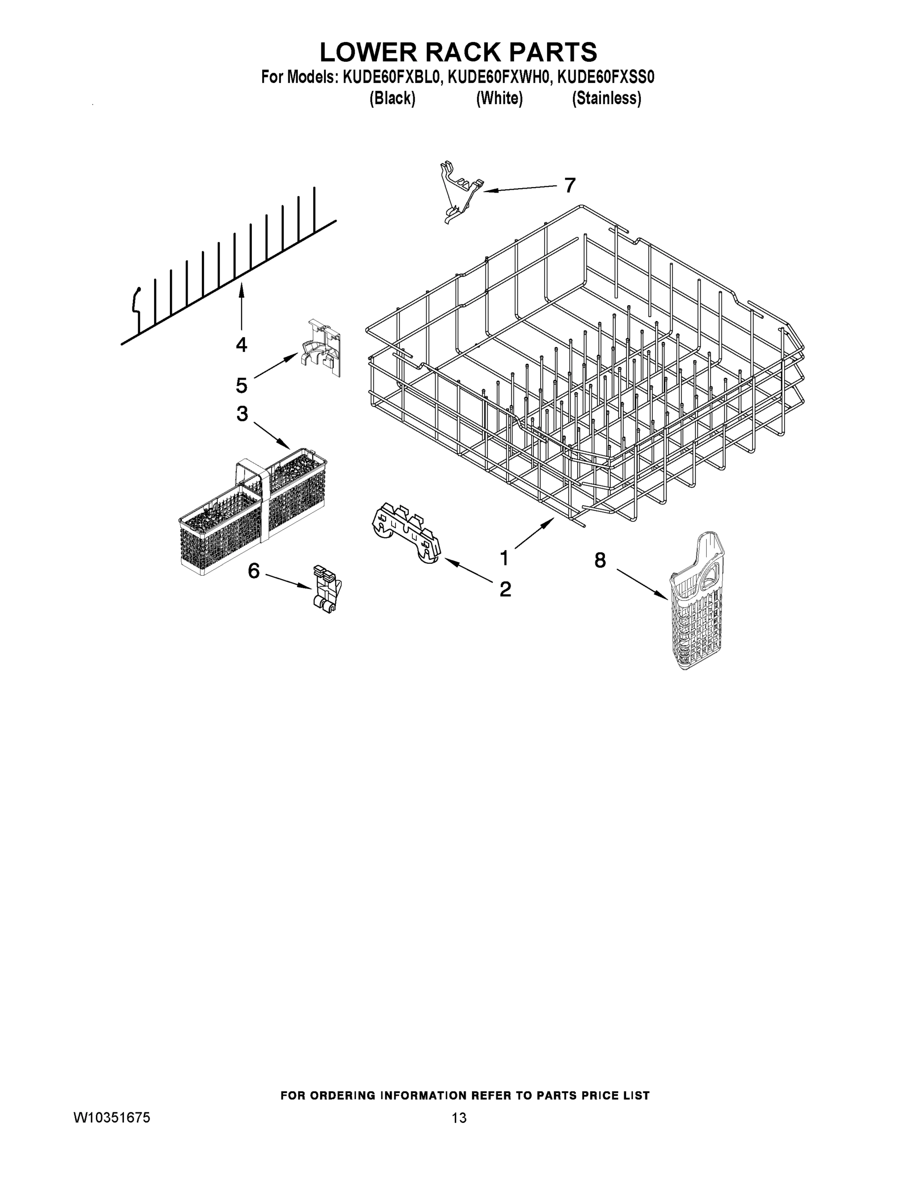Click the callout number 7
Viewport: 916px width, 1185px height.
(569, 186)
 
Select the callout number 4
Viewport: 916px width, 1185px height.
(241, 344)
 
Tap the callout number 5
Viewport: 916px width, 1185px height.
(241, 385)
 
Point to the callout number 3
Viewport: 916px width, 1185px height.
(242, 413)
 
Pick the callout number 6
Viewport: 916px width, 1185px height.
(253, 570)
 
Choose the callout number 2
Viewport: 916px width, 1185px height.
(505, 589)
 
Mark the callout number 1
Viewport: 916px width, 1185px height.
(504, 557)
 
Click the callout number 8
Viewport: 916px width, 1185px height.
(599, 560)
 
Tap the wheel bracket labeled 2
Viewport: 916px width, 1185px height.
(406, 534)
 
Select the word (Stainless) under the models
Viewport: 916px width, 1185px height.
(606, 99)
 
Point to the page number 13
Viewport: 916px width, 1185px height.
(459, 1118)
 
